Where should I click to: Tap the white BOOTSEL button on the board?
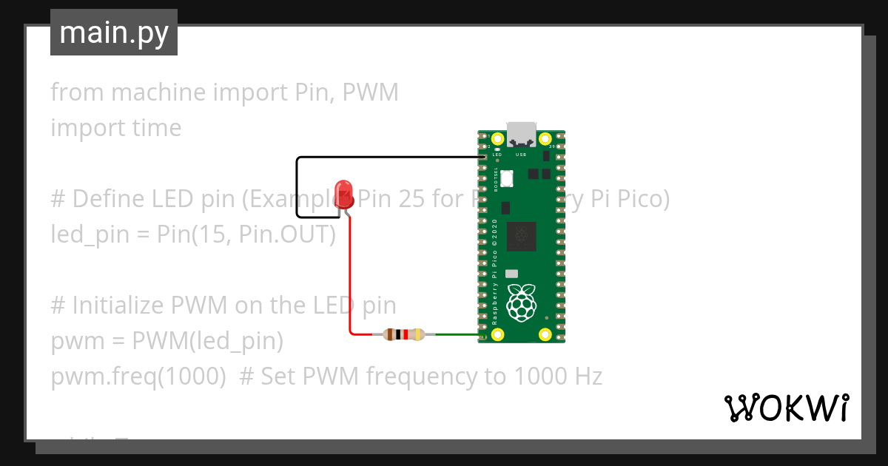pos(507,178)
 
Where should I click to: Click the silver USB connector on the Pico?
pos(522,133)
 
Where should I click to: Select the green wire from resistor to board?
pos(455,335)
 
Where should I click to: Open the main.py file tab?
pos(114,33)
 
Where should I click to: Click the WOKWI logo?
pos(786,408)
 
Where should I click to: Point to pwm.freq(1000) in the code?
pos(138,376)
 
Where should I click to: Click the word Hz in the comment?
pos(587,376)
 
